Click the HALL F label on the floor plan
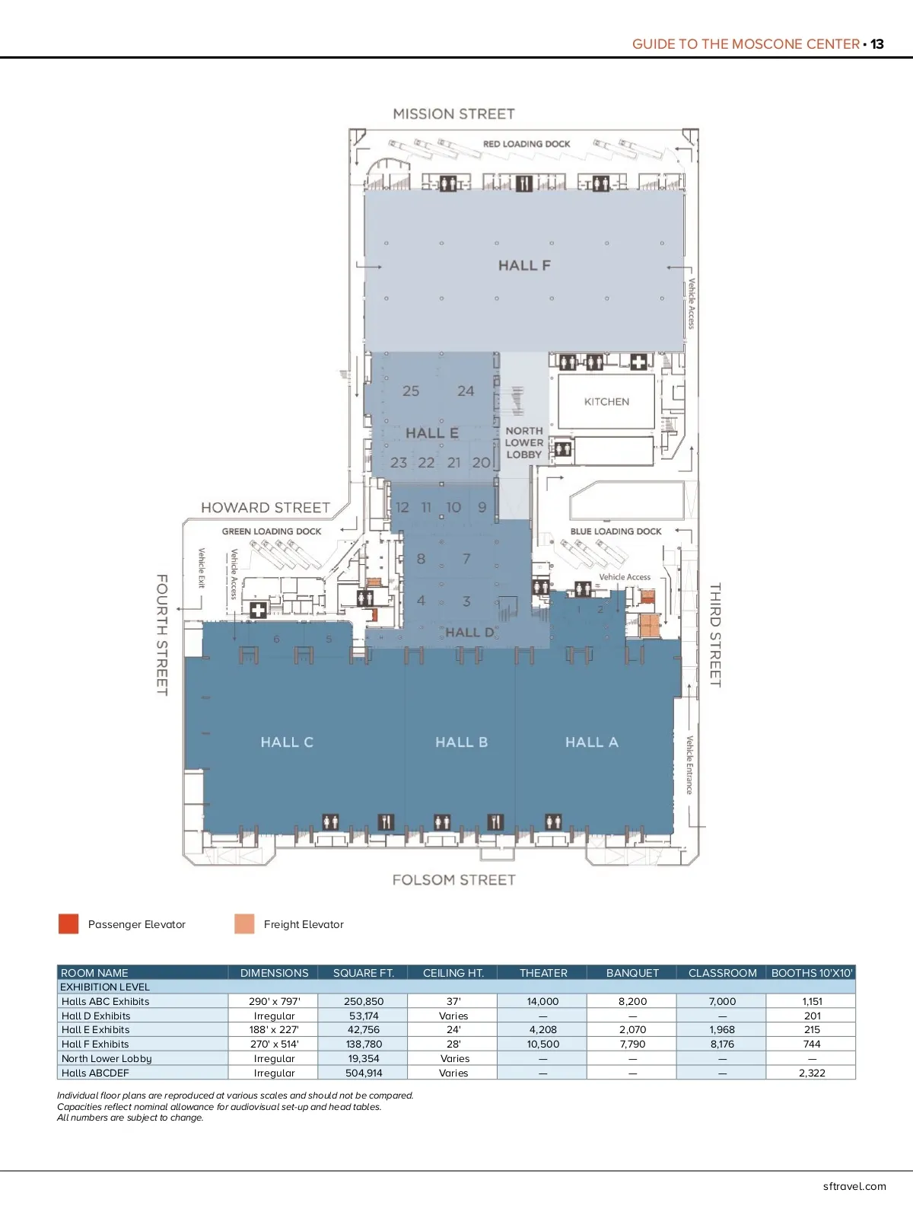[524, 266]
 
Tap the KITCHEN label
[606, 401]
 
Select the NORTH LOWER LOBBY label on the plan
[524, 442]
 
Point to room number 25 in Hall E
[411, 391]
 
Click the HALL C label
[287, 742]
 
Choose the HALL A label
[591, 742]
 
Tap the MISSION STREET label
[453, 114]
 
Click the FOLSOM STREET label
[453, 880]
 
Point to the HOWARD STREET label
[266, 508]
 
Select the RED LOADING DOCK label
[526, 144]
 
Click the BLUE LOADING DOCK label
[616, 531]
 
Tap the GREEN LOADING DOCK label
[272, 531]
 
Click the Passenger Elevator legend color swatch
[68, 924]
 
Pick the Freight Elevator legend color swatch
[244, 924]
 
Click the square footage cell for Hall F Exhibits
[364, 1045]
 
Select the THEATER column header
[543, 973]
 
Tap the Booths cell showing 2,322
[812, 1073]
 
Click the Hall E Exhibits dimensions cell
[274, 1030]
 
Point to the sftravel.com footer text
[854, 1186]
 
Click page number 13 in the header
[877, 44]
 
